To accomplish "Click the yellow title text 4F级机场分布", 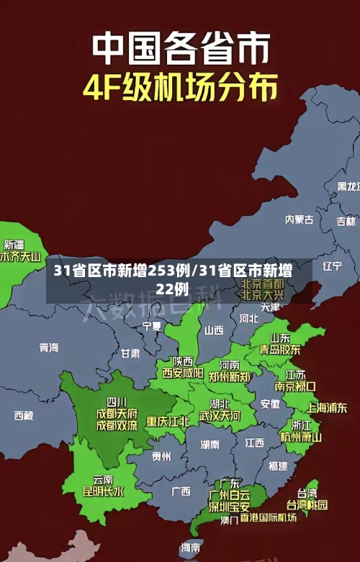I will click(x=180, y=89).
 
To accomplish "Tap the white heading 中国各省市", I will click(x=180, y=48).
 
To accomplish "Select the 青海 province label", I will click(x=49, y=348).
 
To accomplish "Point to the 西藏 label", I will click(x=24, y=415).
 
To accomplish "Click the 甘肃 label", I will click(x=130, y=353).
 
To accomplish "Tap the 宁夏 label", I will click(x=152, y=326).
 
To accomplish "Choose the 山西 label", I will click(x=214, y=330).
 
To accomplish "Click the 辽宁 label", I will click(x=332, y=266).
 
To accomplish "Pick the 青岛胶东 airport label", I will click(x=280, y=350).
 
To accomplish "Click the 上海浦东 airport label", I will click(x=327, y=407).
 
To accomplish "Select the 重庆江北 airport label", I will click(x=168, y=421).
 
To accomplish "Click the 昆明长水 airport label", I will click(x=103, y=492).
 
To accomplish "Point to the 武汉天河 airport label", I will click(x=220, y=416).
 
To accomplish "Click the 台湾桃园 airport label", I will click(x=307, y=504).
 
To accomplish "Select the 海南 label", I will click(x=191, y=548).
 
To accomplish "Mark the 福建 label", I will click(x=277, y=466).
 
